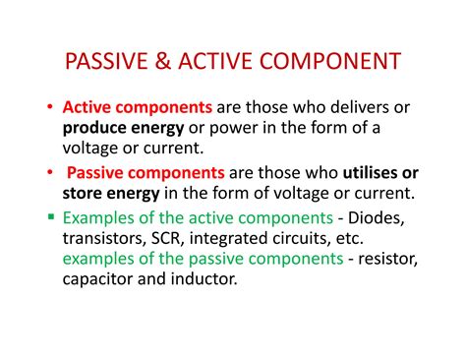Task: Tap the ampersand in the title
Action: pyautogui.click(x=162, y=63)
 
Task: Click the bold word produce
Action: pyautogui.click(x=95, y=128)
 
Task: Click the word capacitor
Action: pyautogui.click(x=102, y=279)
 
